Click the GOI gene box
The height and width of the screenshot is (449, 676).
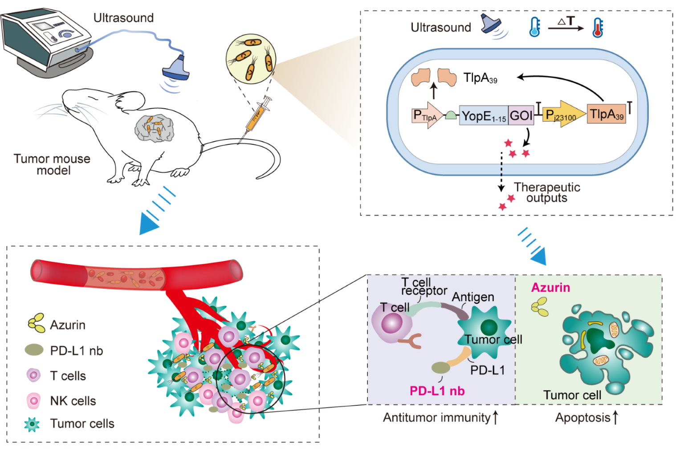521,116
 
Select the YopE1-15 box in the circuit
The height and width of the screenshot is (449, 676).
484,116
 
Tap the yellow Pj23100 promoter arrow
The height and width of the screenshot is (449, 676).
563,114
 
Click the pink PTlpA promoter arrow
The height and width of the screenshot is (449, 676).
427,115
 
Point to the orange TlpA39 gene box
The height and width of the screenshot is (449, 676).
606,114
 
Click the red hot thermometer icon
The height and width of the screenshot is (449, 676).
597,27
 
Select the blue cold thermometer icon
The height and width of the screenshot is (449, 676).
534,27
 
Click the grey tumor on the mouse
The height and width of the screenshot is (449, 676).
154,128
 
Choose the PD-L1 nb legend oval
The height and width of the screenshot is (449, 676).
34,350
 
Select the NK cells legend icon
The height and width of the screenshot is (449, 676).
33,400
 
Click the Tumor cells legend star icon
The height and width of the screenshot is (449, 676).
32,424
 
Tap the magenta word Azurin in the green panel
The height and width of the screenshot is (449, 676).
550,288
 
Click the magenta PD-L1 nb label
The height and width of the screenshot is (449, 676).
437,391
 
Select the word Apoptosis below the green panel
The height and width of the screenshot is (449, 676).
582,418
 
